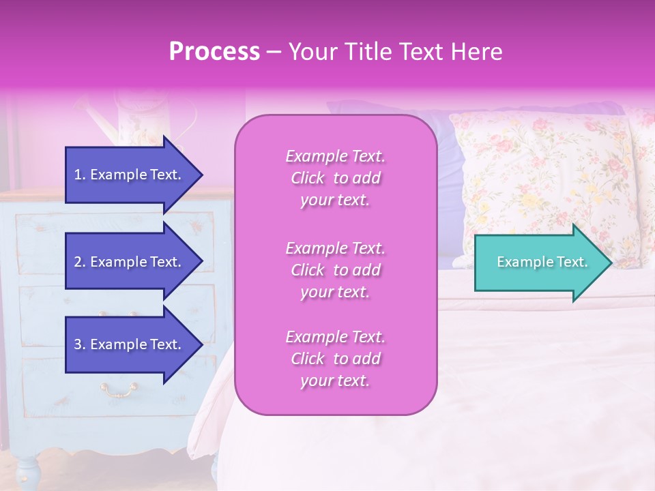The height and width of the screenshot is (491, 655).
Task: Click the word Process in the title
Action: (214, 52)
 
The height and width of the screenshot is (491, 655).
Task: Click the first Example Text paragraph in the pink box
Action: (335, 178)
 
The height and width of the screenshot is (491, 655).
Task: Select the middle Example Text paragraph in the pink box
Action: (335, 270)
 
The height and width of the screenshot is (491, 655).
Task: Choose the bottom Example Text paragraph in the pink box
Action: (335, 359)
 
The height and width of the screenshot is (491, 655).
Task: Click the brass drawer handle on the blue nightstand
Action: (119, 390)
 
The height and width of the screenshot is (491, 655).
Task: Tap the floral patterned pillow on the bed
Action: (546, 184)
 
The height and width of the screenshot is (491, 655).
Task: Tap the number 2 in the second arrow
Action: (78, 262)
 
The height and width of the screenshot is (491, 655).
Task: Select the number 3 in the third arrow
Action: (78, 344)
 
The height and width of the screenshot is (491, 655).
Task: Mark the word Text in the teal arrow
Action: (572, 262)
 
